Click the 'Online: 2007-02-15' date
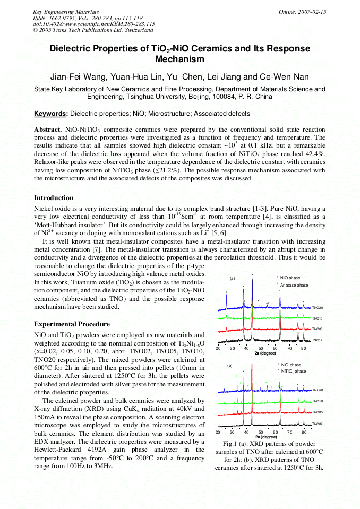302,12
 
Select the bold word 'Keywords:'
51,114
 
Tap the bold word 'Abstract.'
48,130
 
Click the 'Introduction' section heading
54,198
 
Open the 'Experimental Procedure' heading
72,324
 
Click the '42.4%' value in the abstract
314,154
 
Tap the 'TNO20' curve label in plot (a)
318,307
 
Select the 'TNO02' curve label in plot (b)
318,424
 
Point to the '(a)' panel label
232,278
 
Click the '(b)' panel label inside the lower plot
230,365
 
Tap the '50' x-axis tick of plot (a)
261,348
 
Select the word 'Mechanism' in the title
179,59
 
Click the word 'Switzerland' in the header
135,30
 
